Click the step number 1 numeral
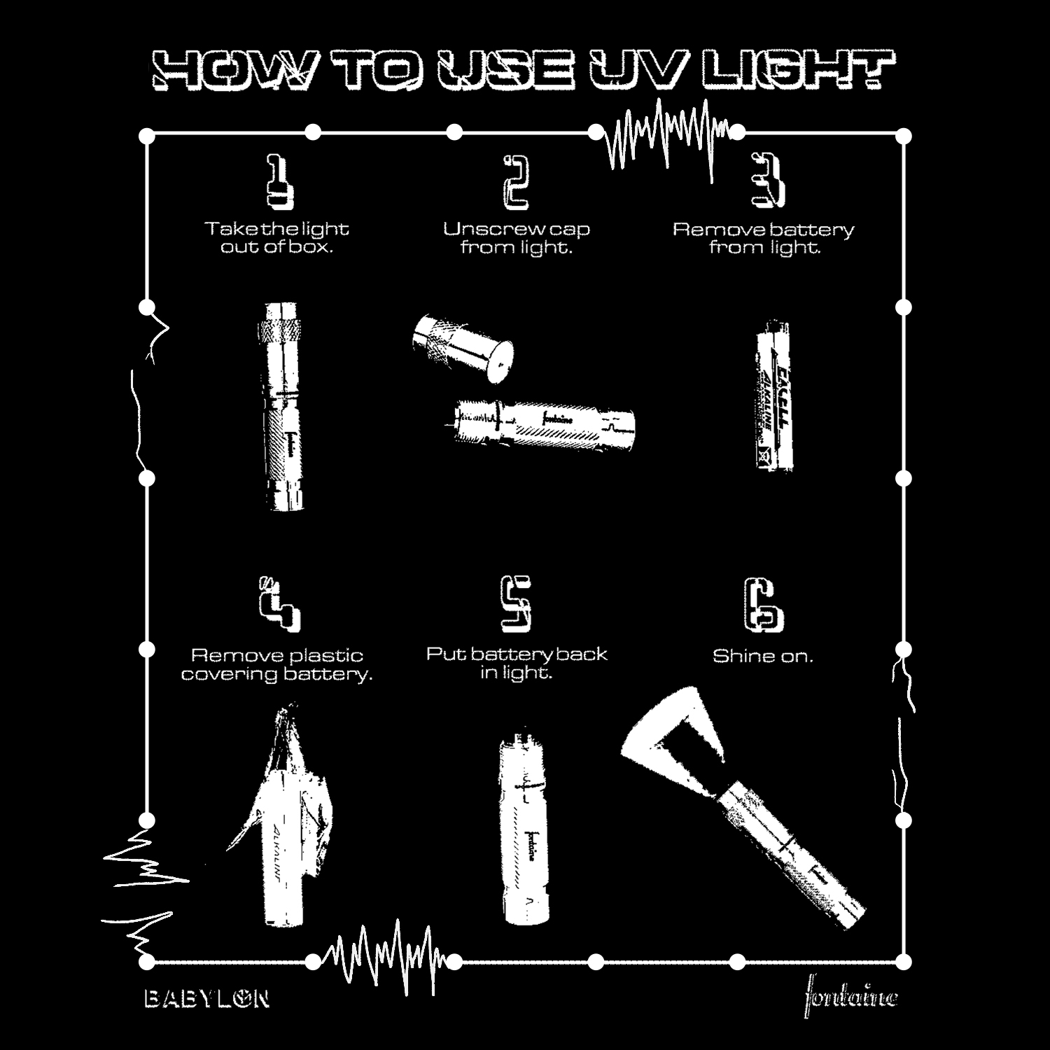pyautogui.click(x=279, y=183)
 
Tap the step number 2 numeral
pyautogui.click(x=516, y=183)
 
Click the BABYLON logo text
pyautogui.click(x=206, y=998)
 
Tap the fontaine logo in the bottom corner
pyautogui.click(x=850, y=995)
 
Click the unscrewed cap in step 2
pyautogui.click(x=462, y=348)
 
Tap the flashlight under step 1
pyautogui.click(x=283, y=406)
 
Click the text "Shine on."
pyautogui.click(x=763, y=657)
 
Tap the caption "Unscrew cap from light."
pyautogui.click(x=516, y=238)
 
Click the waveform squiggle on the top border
pyautogui.click(x=665, y=136)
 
